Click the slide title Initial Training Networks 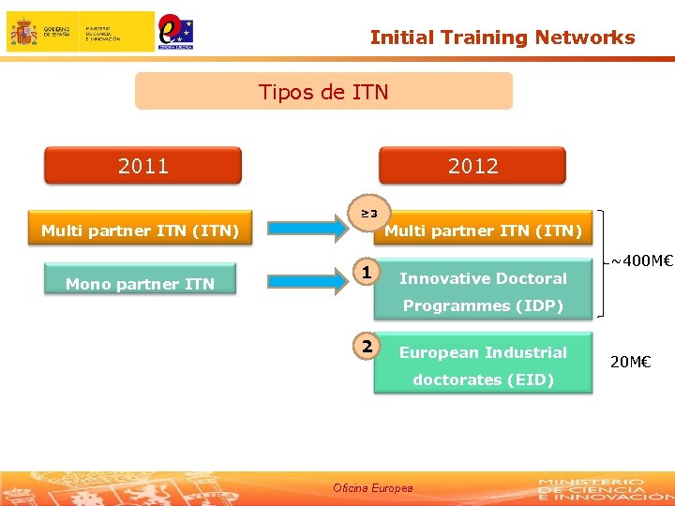pos(502,37)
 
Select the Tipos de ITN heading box pos(323,92)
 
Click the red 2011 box pos(143,166)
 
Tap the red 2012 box pos(472,166)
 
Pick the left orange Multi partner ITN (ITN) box pos(140,230)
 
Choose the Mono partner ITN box pos(140,283)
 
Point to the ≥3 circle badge pos(369,213)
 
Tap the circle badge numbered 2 pos(368,347)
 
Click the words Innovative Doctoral pos(483,278)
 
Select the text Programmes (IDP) pos(483,305)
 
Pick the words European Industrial pos(483,352)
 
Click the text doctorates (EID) pos(483,379)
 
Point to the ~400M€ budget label pos(642,260)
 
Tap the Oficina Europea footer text pos(372,488)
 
